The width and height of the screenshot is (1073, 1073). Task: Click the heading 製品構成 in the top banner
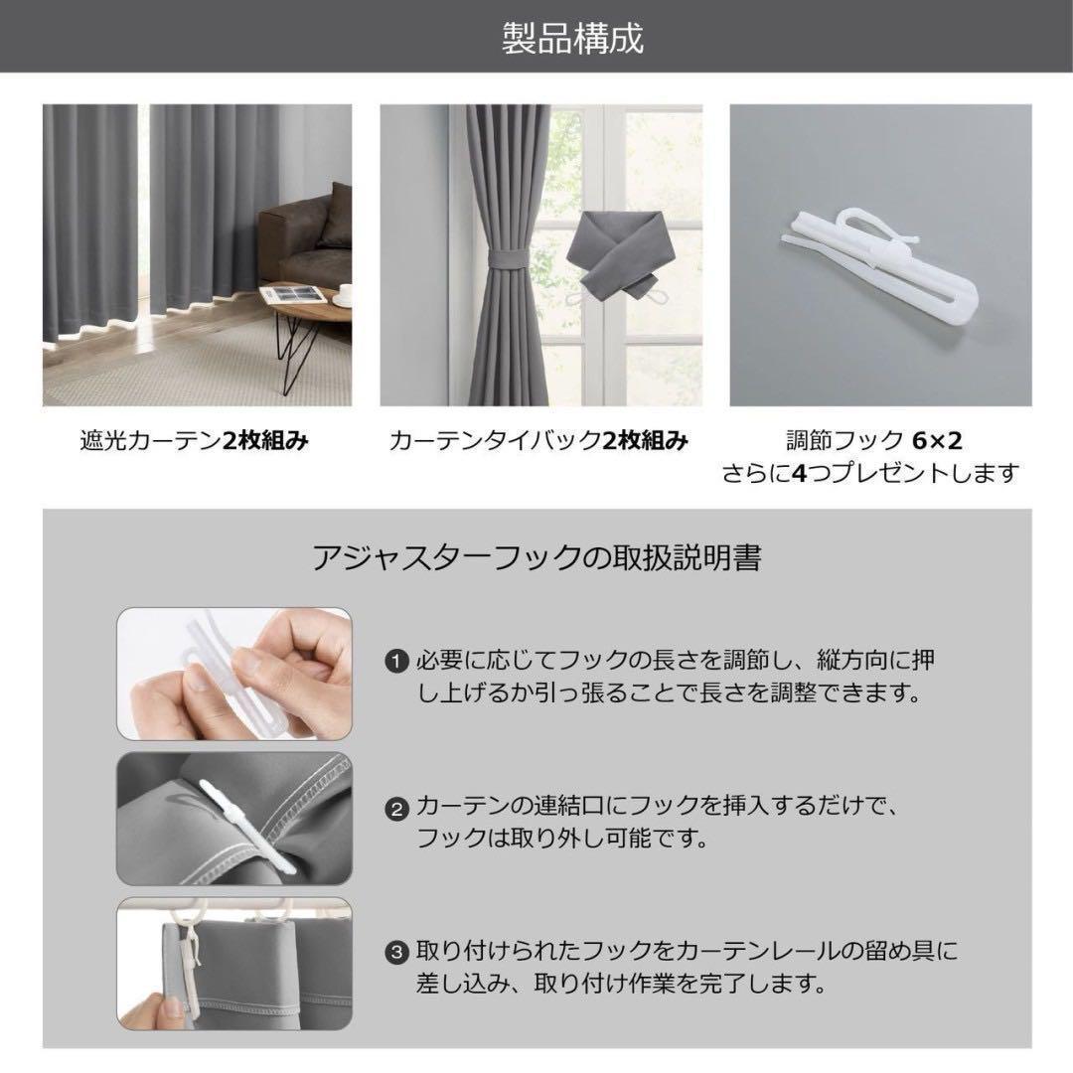pyautogui.click(x=573, y=38)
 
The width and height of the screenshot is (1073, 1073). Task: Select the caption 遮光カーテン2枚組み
pyautogui.click(x=195, y=440)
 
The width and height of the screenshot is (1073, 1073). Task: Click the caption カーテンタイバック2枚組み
pyautogui.click(x=538, y=440)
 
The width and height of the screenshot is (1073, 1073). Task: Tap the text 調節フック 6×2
pyautogui.click(x=874, y=440)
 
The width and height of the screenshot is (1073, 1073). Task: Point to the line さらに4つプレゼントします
pyautogui.click(x=871, y=473)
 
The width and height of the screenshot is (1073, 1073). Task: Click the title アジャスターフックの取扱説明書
pyautogui.click(x=536, y=557)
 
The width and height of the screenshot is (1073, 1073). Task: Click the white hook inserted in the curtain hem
pyautogui.click(x=247, y=826)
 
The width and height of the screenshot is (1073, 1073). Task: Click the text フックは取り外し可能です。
pyautogui.click(x=561, y=838)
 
